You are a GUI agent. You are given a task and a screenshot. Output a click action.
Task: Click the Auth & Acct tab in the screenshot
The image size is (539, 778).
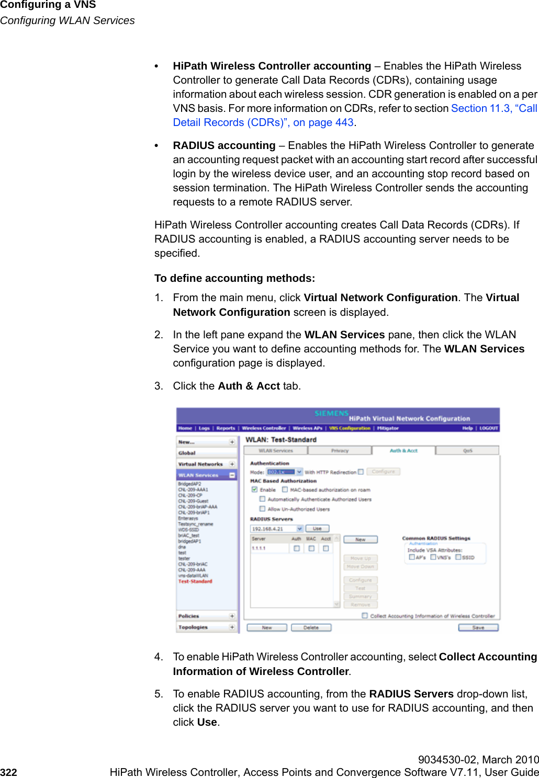403,450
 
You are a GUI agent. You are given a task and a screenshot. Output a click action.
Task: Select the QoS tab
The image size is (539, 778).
467,450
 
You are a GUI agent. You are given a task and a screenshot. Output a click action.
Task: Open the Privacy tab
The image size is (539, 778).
340,450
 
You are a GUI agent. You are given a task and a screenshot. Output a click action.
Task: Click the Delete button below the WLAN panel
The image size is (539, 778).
311,627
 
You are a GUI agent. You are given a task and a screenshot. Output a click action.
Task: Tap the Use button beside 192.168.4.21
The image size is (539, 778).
317,529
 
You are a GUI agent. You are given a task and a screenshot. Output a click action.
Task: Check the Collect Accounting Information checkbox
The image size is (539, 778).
365,616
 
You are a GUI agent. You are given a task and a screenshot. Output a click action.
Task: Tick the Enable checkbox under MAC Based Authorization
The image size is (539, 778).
255,490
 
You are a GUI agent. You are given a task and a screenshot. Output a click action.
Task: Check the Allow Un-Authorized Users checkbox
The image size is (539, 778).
263,509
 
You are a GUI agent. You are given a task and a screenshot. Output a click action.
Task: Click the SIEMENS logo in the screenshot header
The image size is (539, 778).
331,413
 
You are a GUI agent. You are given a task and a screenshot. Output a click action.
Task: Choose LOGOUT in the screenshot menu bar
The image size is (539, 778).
489,428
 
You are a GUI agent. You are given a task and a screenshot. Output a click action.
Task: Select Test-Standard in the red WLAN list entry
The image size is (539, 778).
195,581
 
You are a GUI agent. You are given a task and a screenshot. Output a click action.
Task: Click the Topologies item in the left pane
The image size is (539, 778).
193,627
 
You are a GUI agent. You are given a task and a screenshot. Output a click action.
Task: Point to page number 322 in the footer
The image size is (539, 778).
9,772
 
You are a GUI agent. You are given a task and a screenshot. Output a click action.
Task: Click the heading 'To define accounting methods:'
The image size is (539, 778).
234,278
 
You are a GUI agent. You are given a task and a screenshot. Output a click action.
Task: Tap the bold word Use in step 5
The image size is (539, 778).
207,722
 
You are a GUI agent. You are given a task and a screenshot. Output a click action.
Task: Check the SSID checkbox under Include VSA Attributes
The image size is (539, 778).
458,557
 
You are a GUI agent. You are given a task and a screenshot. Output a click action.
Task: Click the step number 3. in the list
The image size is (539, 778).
159,386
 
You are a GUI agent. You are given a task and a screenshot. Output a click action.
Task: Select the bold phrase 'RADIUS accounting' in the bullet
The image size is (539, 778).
224,145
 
